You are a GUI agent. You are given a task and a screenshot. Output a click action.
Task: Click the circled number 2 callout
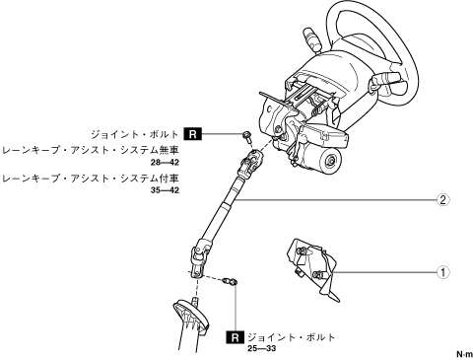[442, 199]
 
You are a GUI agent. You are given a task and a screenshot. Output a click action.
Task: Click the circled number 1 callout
[442, 272]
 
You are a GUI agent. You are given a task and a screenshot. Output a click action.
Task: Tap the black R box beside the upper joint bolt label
[193, 134]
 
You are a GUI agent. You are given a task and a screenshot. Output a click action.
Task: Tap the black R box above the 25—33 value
[236, 337]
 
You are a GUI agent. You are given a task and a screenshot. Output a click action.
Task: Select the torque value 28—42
[166, 163]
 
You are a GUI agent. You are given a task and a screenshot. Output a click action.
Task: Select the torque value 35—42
[166, 190]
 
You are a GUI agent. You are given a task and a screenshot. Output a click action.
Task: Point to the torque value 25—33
[262, 348]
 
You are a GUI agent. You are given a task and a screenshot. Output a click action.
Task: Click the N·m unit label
[465, 354]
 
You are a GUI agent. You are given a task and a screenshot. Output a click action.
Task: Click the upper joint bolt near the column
[246, 136]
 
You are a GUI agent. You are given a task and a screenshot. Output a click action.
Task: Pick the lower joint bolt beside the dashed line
[231, 282]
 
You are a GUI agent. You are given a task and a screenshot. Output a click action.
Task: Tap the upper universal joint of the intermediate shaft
[250, 163]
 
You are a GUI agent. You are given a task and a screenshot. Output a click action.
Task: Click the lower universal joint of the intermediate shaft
[200, 259]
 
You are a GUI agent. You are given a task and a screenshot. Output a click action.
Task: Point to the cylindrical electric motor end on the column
[330, 162]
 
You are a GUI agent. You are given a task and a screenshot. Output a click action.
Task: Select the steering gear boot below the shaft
[190, 324]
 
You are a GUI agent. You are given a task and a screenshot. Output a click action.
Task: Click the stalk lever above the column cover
[312, 38]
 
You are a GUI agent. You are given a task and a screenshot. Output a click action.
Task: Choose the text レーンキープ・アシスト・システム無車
[90, 150]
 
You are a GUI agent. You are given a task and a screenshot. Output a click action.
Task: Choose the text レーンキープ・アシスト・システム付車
[90, 179]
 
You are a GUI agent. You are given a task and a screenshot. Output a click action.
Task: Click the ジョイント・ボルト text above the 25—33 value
[292, 337]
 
